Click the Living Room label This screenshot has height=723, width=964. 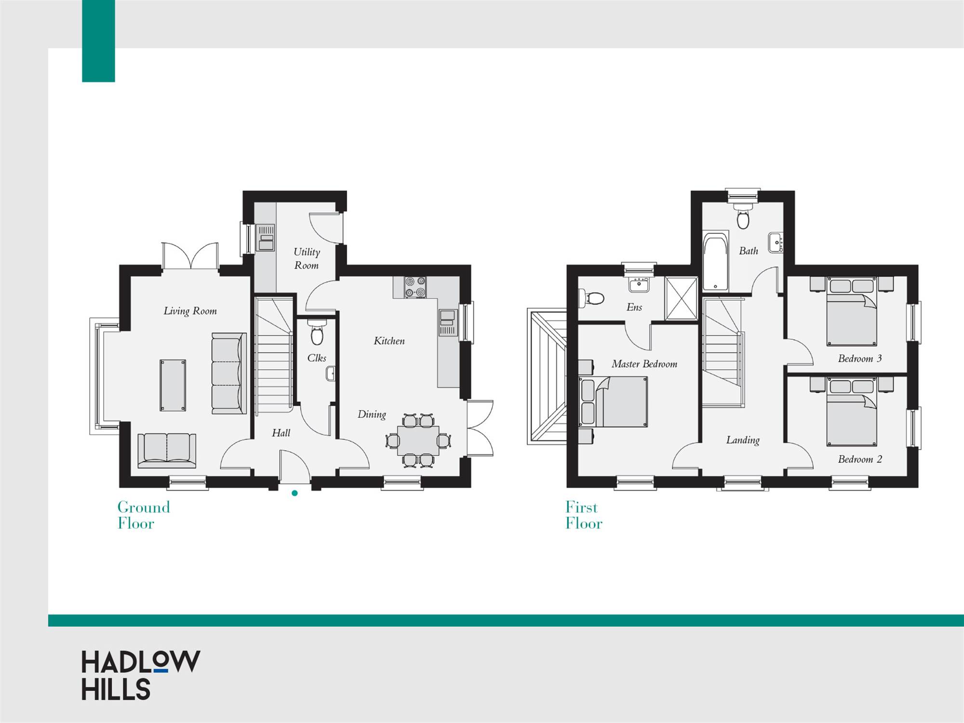pyautogui.click(x=190, y=311)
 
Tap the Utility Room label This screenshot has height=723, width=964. pyautogui.click(x=307, y=258)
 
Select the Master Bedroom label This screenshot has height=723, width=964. pyautogui.click(x=644, y=364)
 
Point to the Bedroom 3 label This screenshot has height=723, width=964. pyautogui.click(x=860, y=358)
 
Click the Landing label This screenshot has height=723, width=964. pyautogui.click(x=743, y=440)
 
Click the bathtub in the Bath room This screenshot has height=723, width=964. pyautogui.click(x=715, y=262)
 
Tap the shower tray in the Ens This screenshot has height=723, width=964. pyautogui.click(x=681, y=298)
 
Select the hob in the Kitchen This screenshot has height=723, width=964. pyautogui.click(x=415, y=287)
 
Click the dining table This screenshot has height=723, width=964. pyautogui.click(x=418, y=440)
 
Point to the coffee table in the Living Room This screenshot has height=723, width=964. pyautogui.click(x=173, y=385)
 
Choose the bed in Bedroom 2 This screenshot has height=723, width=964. pyautogui.click(x=852, y=412)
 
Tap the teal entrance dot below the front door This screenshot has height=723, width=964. pyautogui.click(x=295, y=493)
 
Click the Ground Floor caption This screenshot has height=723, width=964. pyautogui.click(x=144, y=515)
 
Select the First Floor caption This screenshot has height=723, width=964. pyautogui.click(x=584, y=515)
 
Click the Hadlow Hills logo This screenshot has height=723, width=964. pyautogui.click(x=140, y=675)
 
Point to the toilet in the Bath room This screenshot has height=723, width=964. pyautogui.click(x=743, y=216)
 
